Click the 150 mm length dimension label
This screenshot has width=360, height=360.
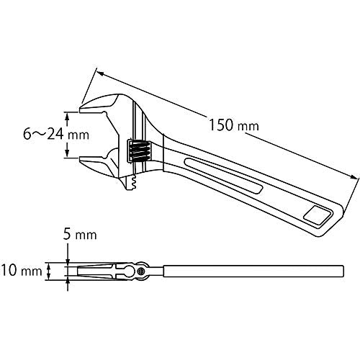(x=234, y=125)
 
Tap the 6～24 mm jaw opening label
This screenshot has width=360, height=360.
(x=56, y=134)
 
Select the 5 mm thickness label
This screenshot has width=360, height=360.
(x=80, y=234)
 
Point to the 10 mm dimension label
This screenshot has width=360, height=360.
(x=21, y=271)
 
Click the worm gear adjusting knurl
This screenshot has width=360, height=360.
(x=139, y=150)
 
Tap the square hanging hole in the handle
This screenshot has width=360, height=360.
(x=315, y=214)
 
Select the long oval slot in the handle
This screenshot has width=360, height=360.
(x=223, y=175)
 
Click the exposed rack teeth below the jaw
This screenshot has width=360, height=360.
(x=132, y=184)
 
